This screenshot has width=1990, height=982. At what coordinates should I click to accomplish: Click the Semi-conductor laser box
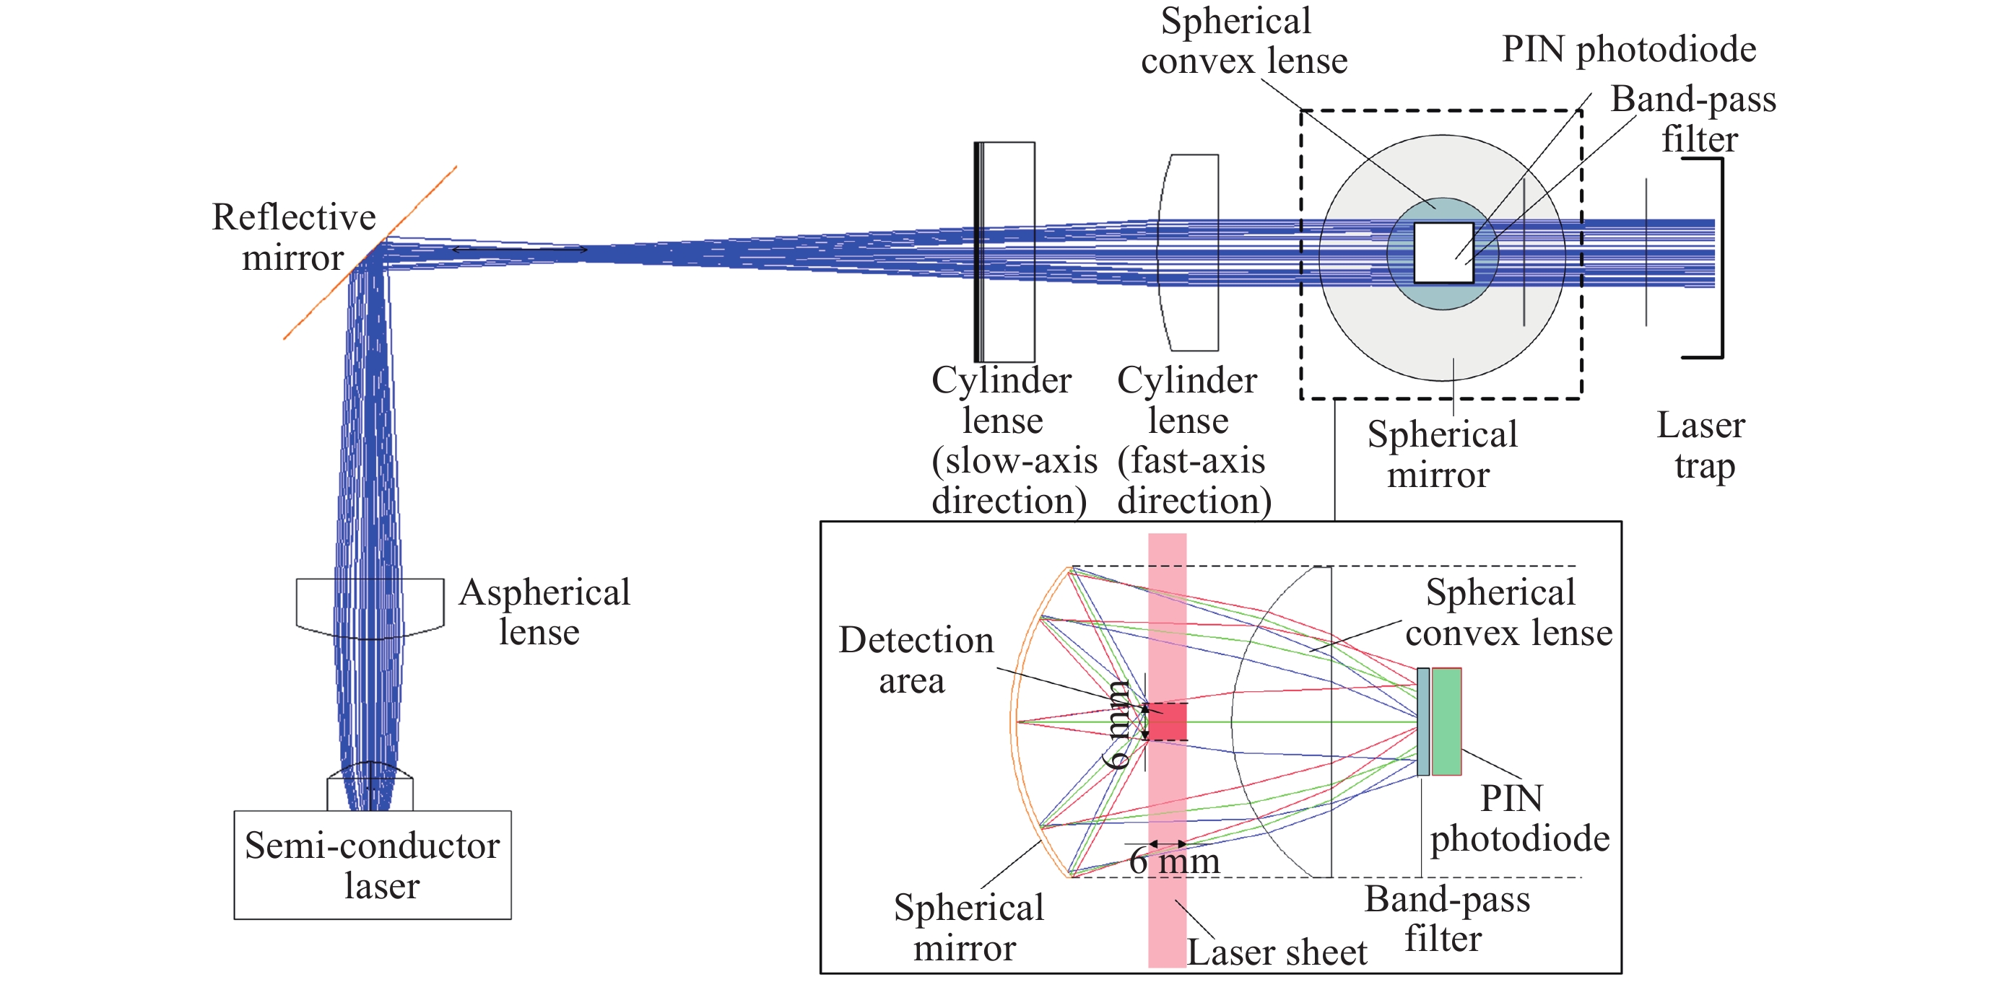point(373,864)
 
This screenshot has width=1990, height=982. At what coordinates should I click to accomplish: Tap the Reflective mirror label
point(294,237)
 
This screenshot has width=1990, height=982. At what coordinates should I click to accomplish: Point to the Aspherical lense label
point(544,612)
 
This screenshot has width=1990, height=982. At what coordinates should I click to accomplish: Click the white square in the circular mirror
point(1443,253)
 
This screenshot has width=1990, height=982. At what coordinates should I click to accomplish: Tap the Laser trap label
point(1701,445)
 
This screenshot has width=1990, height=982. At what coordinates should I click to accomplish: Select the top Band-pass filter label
point(1693,119)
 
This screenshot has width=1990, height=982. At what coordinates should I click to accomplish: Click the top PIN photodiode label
point(1628,49)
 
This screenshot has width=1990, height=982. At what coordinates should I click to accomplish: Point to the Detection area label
point(916,661)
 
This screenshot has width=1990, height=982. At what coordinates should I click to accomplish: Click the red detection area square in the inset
point(1168,722)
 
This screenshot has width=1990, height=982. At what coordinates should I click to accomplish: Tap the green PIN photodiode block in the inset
point(1446,721)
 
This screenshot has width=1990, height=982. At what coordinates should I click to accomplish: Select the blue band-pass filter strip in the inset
point(1423,721)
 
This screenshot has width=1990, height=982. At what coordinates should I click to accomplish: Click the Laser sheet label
point(1276,952)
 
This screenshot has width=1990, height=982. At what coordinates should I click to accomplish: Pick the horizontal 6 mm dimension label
point(1174,861)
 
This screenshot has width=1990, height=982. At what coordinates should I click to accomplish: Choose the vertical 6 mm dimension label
point(1117,724)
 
